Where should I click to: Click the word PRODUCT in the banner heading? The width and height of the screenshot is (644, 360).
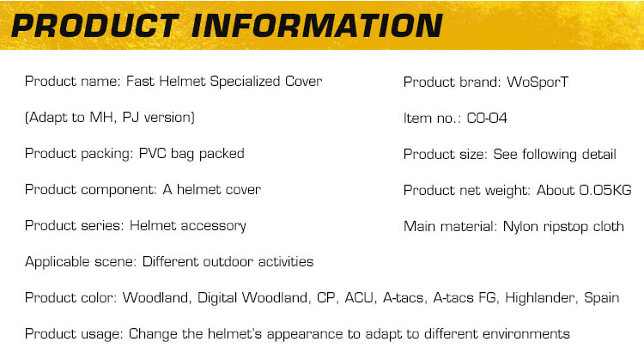95,26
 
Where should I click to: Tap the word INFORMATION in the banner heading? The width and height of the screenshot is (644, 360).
317,26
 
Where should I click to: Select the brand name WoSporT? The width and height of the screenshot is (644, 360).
538,82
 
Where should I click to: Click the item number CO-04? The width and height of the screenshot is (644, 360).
487,119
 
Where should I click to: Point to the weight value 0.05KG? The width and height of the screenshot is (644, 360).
605,190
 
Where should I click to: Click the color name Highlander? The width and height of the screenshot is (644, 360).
540,297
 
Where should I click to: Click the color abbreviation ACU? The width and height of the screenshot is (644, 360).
359,297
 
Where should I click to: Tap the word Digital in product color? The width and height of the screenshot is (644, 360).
217,298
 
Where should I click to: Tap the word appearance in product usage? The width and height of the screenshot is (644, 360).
305,334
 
